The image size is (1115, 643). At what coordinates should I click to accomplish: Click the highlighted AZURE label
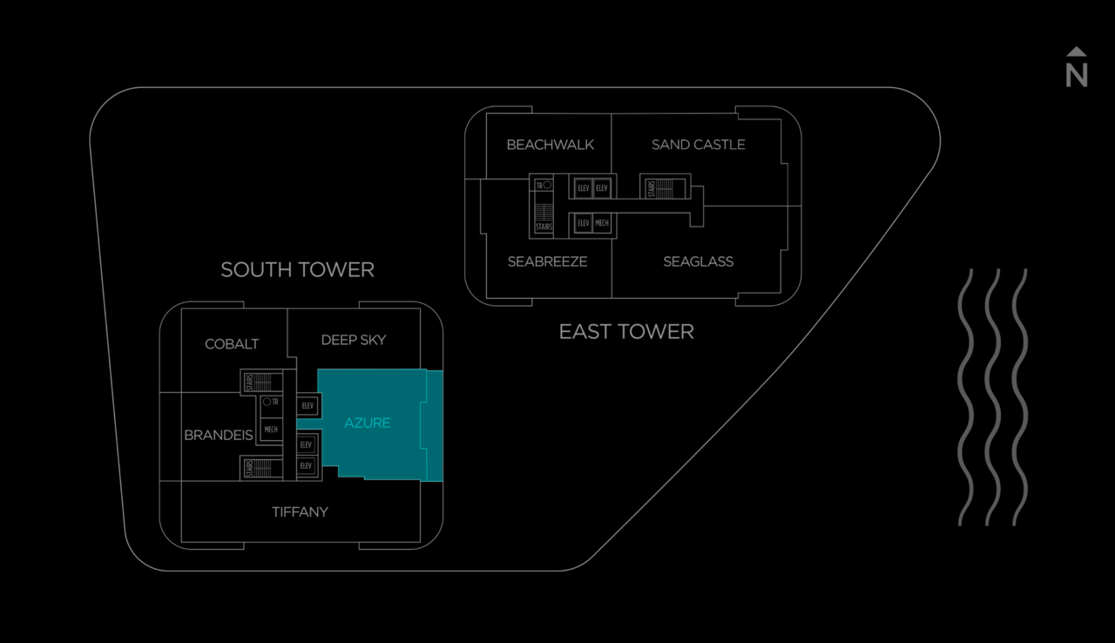coord(368,423)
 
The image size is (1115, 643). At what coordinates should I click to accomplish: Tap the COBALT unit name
coord(232,344)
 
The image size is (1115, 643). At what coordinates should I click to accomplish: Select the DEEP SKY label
coord(354,340)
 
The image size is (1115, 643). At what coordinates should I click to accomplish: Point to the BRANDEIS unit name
coord(219,435)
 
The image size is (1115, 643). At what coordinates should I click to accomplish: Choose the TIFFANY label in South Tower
coord(301,511)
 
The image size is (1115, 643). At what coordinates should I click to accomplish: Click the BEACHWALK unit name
coord(550,145)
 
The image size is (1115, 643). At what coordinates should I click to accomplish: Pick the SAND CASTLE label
coord(699,145)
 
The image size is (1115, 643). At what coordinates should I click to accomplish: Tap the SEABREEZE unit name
coord(548,261)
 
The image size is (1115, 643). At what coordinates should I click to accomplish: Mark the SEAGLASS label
coord(699,261)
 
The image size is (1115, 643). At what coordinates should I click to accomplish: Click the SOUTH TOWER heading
coord(298,270)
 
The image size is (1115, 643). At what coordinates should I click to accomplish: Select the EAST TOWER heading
coord(626,331)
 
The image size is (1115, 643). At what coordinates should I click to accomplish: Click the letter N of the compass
coord(1076,76)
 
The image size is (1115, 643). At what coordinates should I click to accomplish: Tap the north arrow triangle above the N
coord(1076,51)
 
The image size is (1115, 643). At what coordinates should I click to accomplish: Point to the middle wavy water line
coord(992,397)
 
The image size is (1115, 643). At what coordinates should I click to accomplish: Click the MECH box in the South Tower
coord(271,429)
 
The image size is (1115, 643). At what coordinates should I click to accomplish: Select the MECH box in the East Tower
coord(602,223)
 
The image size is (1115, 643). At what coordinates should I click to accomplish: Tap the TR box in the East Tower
coord(544,185)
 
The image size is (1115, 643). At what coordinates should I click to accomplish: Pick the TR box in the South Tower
coord(271,402)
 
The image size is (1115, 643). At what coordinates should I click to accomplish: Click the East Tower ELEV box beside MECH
coord(584,223)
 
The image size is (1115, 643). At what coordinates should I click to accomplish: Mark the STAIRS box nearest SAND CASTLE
coord(665,188)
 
